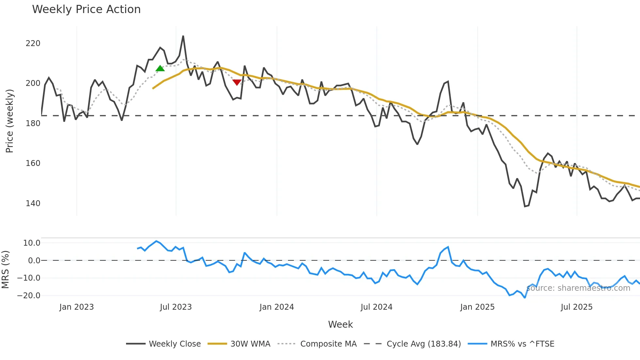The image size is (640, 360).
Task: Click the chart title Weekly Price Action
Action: coord(86,9)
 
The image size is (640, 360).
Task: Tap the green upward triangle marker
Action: coord(160,68)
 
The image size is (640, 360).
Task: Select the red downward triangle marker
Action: coord(237,82)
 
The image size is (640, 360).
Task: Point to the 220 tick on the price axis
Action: coord(33,43)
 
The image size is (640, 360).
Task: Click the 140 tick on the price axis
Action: coord(33,204)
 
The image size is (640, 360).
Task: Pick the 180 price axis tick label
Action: coord(33,123)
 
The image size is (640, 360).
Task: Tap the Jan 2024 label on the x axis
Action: coord(277,307)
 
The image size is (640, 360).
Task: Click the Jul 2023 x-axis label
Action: coord(176,307)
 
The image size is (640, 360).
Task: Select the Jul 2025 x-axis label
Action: coord(576,307)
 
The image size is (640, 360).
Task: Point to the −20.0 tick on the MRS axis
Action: coord(29,296)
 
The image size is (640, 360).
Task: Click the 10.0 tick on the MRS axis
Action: coord(32,243)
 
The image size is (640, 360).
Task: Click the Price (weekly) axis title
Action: coord(9,121)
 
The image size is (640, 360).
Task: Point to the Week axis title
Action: coord(340,324)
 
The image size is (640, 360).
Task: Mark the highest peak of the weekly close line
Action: coord(183,36)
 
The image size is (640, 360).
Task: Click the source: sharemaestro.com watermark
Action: coord(578,288)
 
